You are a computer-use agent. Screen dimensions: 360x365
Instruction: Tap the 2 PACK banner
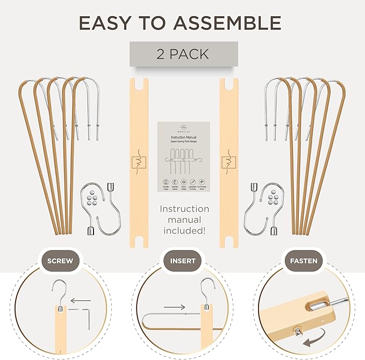click(x=183, y=54)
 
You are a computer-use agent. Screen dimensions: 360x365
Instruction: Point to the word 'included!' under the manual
click(x=183, y=231)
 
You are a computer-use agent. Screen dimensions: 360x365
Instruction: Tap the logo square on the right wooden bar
click(x=229, y=160)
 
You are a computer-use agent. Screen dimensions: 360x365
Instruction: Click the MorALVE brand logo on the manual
click(x=183, y=129)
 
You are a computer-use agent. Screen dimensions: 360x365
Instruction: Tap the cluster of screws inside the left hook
click(x=94, y=197)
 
